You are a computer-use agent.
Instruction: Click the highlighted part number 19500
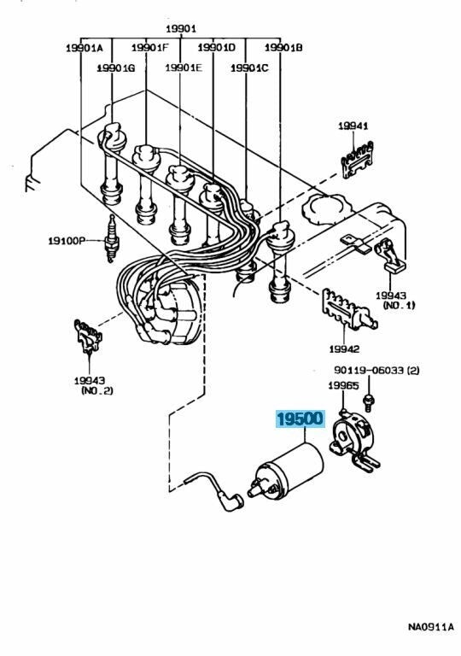click(300, 419)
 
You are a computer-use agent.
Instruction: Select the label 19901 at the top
click(181, 29)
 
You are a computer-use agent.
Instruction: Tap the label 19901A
click(84, 48)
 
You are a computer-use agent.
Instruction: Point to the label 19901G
click(116, 67)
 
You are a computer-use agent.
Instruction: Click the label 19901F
click(149, 48)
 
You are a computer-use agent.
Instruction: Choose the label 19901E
click(184, 67)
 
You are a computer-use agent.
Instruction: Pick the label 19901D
click(217, 48)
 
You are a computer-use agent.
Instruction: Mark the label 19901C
click(250, 67)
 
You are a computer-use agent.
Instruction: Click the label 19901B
click(283, 48)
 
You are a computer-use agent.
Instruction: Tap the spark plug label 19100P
click(67, 241)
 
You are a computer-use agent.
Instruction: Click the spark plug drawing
click(111, 238)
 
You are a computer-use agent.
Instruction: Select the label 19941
click(353, 125)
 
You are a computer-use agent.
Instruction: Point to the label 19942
click(344, 348)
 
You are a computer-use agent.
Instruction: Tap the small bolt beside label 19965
click(369, 401)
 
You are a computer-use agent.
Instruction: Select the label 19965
click(343, 385)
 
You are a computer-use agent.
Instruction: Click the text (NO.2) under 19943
click(96, 390)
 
